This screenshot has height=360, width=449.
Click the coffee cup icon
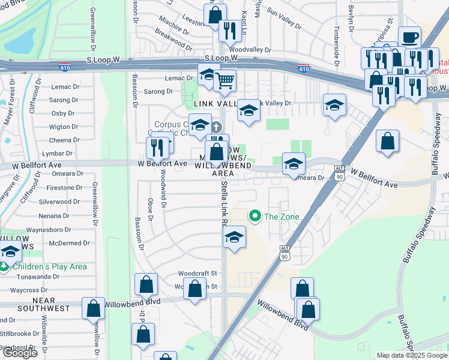pyautogui.click(x=409, y=37)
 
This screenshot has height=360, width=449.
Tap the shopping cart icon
pyautogui.click(x=224, y=80)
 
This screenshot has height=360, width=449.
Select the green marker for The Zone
pyautogui.click(x=255, y=216)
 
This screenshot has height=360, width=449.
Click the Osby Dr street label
pyautogui.click(x=62, y=113)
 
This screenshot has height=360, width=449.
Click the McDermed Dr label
pyautogui.click(x=69, y=243)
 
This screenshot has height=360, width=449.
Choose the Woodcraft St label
pyautogui.click(x=197, y=273)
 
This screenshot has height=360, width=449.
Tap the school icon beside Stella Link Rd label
pyautogui.click(x=235, y=237)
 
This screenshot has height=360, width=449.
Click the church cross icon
pyautogui.click(x=215, y=127)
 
